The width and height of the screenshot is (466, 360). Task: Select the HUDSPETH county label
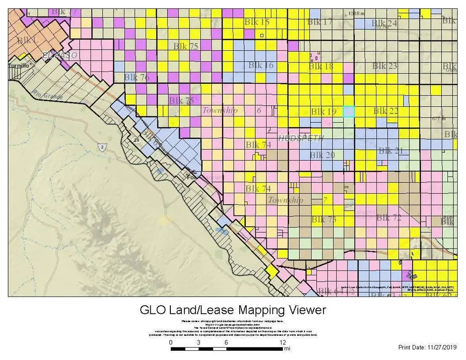[x=301, y=138]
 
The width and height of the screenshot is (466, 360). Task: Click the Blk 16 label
[x=261, y=65]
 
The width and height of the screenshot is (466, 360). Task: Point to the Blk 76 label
[x=137, y=77]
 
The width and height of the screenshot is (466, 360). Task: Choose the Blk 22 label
[x=386, y=111]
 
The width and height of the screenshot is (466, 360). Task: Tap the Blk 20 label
[x=322, y=155]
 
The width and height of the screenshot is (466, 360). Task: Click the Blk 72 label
[x=389, y=218]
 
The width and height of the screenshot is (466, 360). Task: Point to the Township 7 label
[x=297, y=200]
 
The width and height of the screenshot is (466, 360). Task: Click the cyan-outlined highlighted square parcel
[x=349, y=111]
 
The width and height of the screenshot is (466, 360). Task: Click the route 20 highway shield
[x=137, y=140]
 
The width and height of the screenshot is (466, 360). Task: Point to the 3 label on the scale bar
[x=199, y=343]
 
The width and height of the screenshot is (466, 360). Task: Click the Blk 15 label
[x=257, y=22]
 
